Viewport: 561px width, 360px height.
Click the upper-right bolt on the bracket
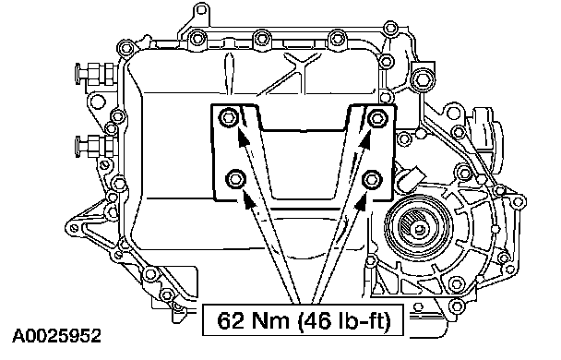pyautogui.click(x=377, y=116)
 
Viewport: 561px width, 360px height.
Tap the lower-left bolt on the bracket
pyautogui.click(x=235, y=178)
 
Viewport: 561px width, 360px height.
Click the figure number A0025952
pyautogui.click(x=57, y=336)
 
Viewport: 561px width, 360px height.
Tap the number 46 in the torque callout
pyautogui.click(x=316, y=320)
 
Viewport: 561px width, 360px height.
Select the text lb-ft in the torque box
pyautogui.click(x=363, y=320)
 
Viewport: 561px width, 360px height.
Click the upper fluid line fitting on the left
pyautogui.click(x=95, y=74)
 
